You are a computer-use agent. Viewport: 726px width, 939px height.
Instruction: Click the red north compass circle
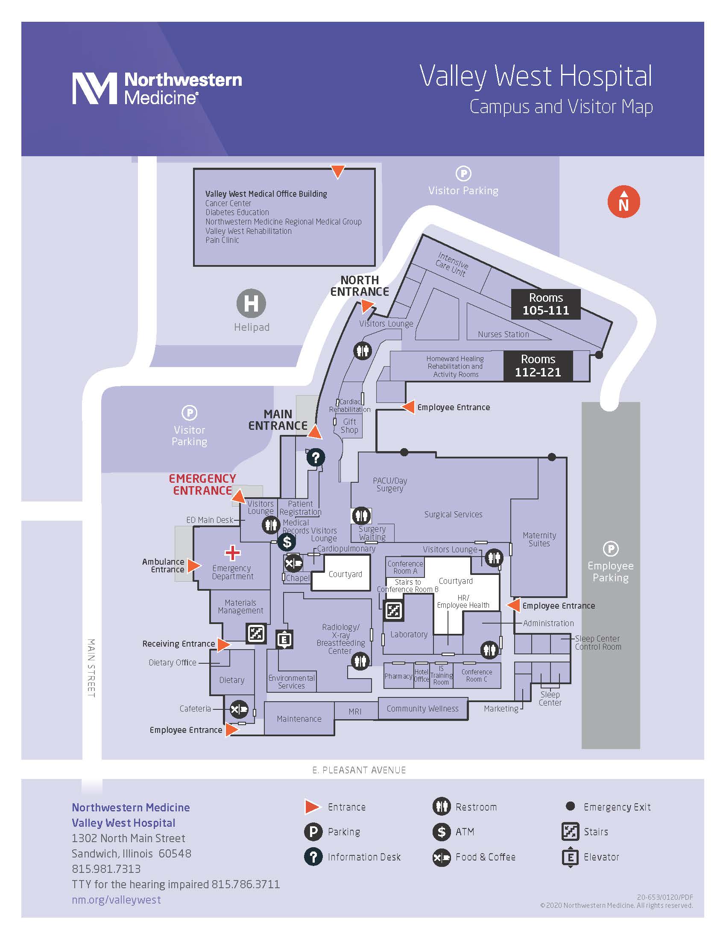tap(623, 201)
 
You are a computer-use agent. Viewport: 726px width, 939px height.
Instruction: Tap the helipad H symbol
tap(251, 303)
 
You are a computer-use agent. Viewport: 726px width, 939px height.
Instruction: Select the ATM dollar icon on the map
tap(287, 542)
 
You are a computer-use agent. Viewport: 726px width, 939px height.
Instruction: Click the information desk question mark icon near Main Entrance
tap(316, 458)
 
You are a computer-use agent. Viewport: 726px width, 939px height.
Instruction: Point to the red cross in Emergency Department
tap(232, 553)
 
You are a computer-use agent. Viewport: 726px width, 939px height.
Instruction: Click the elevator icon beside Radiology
tap(284, 640)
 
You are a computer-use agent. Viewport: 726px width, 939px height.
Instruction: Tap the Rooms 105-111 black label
tap(545, 304)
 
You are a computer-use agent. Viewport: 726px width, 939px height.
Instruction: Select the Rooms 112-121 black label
tap(538, 366)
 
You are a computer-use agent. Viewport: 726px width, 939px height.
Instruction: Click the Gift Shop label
tap(349, 426)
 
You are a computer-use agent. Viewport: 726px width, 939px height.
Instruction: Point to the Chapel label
tap(298, 578)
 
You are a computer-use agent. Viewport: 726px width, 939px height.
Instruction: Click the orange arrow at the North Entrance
tap(366, 306)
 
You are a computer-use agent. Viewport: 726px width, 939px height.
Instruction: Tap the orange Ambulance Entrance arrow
tap(193, 565)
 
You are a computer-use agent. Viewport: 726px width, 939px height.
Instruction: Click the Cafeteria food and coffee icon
tap(239, 709)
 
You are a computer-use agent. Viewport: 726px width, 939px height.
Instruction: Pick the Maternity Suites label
tap(539, 539)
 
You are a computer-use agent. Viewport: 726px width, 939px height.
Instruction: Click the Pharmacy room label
tap(398, 676)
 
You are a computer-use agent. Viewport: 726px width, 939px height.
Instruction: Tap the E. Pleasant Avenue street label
tap(359, 770)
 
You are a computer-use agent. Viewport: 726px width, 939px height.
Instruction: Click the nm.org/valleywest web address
tap(116, 899)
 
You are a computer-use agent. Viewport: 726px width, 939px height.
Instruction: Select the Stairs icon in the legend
tap(570, 831)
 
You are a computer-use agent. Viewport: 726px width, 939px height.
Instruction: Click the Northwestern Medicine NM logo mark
tap(94, 88)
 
